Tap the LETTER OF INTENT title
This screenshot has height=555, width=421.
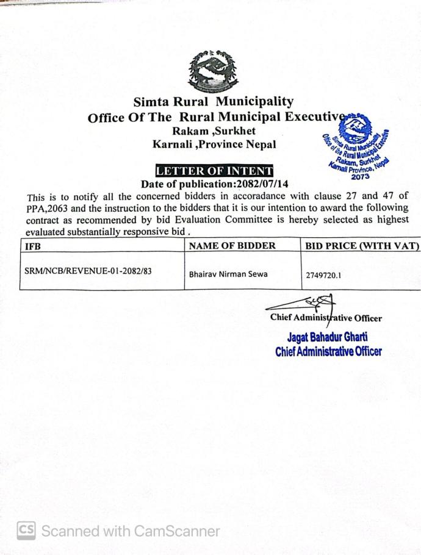(x=214, y=171)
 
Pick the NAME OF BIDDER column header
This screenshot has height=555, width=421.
(x=232, y=246)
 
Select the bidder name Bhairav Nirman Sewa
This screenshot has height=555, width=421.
(x=228, y=274)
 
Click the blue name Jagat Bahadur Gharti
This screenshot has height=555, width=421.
(x=327, y=337)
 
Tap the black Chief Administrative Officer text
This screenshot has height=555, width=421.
(x=326, y=318)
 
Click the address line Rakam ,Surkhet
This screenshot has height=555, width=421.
(x=213, y=131)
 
